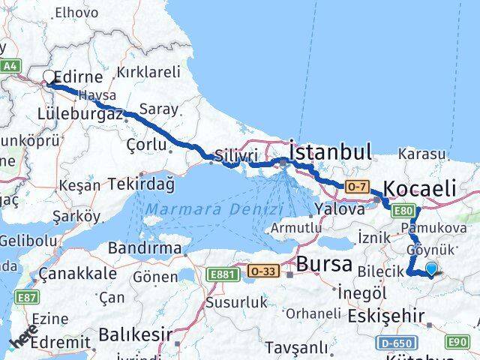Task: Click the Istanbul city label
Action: pos(331,153)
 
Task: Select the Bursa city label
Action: pos(324,264)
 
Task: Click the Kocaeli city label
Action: pos(419,188)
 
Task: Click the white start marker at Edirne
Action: pos(49,77)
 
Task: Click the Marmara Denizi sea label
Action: pos(214,209)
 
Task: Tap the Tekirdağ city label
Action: pos(141,182)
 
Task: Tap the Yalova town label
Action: pos(340,209)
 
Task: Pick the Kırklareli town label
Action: pos(149,73)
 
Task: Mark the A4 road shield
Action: pos(9,67)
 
